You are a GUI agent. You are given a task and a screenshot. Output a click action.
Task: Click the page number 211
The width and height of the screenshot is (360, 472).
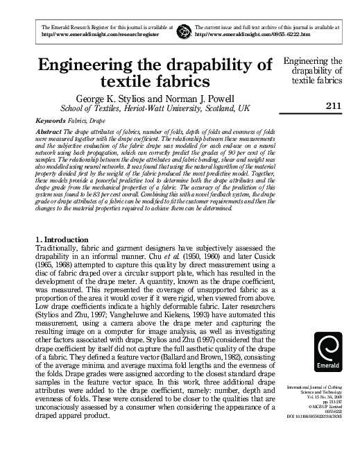pyautogui.click(x=332, y=106)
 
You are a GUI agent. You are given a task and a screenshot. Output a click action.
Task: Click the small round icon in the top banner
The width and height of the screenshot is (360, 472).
pyautogui.click(x=184, y=31)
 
